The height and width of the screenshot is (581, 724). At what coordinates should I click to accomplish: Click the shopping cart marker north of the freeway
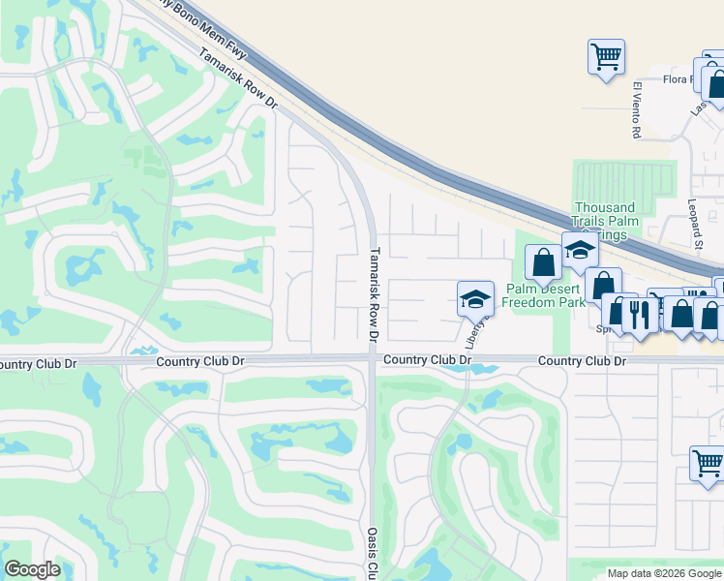point(606,56)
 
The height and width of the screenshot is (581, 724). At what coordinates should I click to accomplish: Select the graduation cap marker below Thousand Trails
point(580,250)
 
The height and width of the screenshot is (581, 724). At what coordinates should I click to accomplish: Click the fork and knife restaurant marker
point(639,313)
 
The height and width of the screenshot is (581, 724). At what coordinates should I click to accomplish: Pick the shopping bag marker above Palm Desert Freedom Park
point(543,261)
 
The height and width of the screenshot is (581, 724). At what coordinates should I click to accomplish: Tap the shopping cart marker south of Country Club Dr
point(709,462)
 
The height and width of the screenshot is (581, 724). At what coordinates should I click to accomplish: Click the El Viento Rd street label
point(637,108)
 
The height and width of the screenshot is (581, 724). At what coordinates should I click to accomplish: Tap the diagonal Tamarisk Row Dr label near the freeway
point(238,79)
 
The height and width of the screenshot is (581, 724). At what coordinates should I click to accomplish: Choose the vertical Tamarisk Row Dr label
point(373,294)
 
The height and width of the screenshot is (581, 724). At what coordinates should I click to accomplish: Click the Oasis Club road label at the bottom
point(371,553)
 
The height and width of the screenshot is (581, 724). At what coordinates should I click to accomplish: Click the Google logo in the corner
point(32,569)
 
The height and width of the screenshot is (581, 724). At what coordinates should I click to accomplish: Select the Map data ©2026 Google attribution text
point(664,573)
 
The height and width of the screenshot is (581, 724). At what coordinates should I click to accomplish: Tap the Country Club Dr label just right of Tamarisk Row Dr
point(427,359)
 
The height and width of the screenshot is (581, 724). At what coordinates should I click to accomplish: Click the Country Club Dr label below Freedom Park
point(582,360)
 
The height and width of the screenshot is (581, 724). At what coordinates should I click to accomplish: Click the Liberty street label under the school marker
point(473,334)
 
